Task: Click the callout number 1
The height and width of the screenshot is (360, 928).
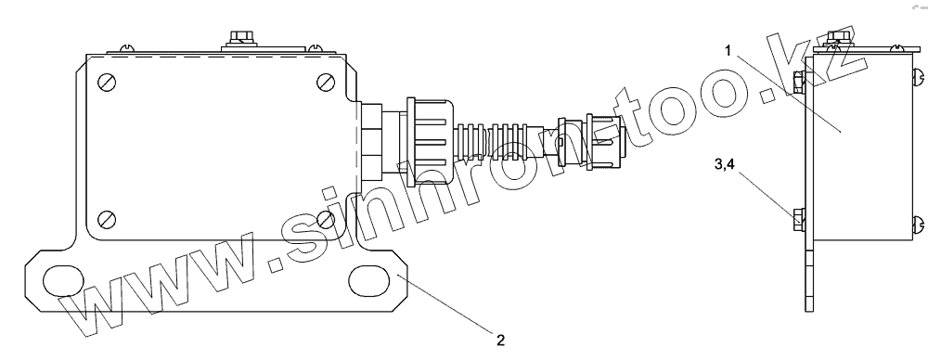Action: tap(728, 50)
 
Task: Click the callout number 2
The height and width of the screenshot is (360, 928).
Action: tap(501, 340)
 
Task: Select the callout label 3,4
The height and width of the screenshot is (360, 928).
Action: tap(725, 164)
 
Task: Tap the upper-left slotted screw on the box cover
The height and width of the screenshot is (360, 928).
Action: tap(107, 82)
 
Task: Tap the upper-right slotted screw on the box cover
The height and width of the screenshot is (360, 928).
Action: tap(326, 82)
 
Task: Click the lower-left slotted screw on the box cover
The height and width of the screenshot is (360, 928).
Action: tap(107, 219)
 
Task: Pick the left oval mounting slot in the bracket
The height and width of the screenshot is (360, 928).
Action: tap(62, 280)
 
